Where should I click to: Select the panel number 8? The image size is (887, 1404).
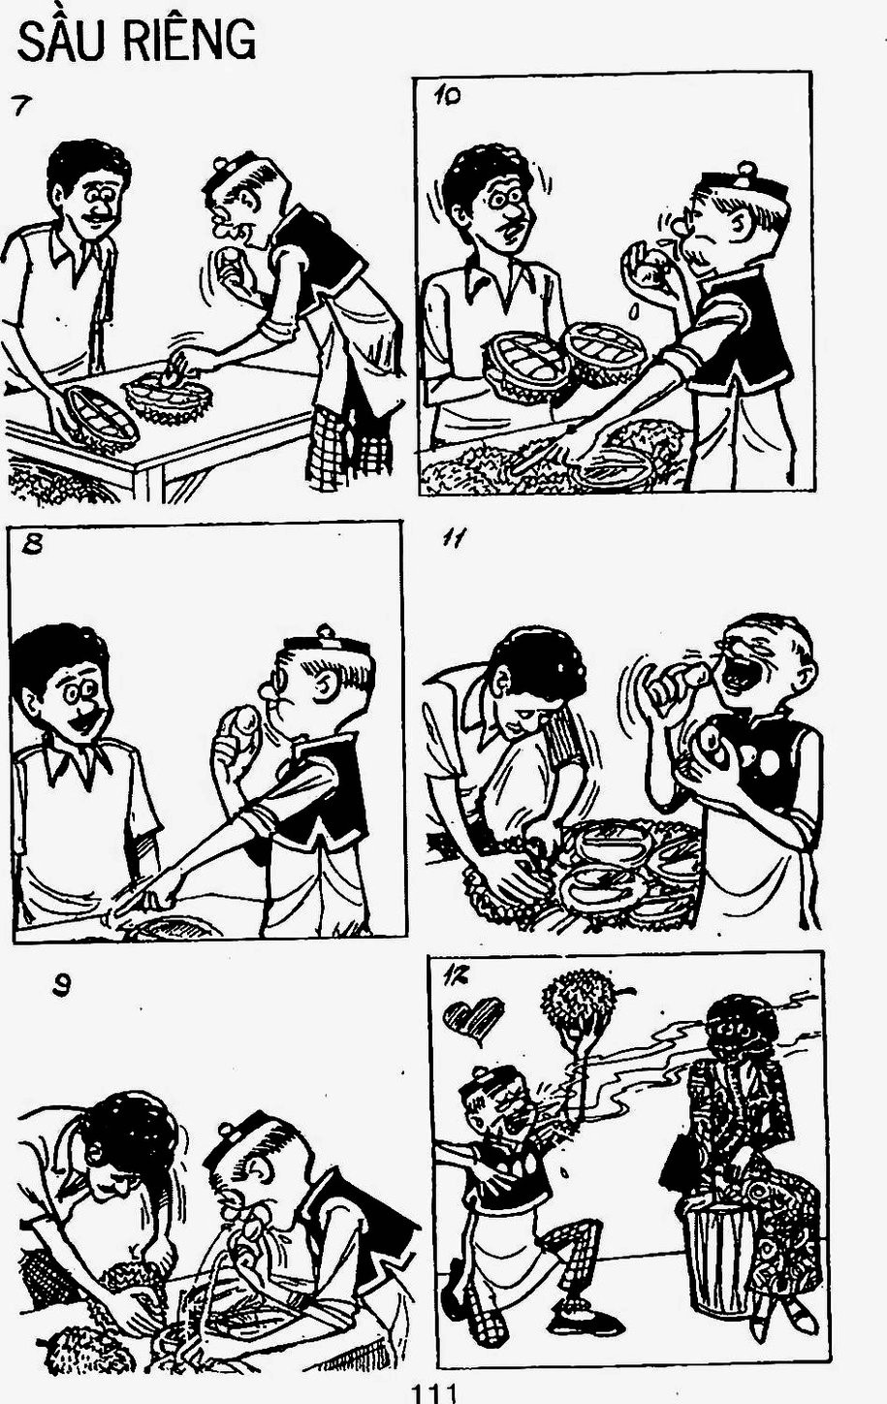point(31,545)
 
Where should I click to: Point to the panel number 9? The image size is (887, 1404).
point(61,987)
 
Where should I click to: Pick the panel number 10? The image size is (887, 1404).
point(446,97)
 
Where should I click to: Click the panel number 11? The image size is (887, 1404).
point(453,539)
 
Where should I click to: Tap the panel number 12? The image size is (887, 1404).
point(455,976)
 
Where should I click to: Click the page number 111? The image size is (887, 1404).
point(432,1392)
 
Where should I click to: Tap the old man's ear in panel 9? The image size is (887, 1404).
point(258,1167)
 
